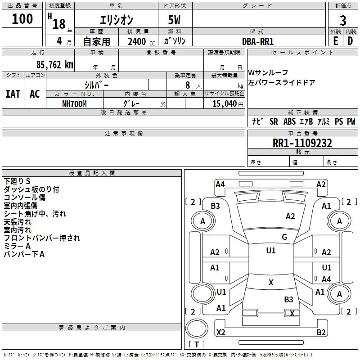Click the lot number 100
(22, 18)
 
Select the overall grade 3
(343, 20)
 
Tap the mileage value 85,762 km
(55, 64)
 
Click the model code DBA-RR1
(258, 41)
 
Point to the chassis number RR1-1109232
(302, 143)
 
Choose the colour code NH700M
(74, 104)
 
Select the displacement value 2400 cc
(141, 41)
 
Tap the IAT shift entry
(13, 94)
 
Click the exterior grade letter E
(336, 41)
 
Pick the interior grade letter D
(350, 41)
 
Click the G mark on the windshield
(284, 237)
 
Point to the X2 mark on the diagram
(220, 332)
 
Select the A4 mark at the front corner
(220, 184)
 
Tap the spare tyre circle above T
(197, 328)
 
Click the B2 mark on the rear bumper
(321, 332)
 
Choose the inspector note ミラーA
(17, 246)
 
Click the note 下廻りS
(17, 181)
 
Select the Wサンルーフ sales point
(268, 72)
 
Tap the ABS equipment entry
(289, 121)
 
